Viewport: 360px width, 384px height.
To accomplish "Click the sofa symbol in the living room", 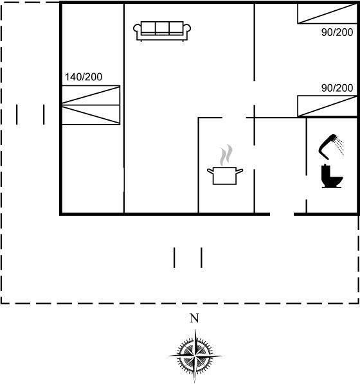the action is tap(162, 31).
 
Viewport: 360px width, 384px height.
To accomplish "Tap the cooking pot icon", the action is tap(225, 175).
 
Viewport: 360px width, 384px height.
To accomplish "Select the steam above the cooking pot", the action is tap(226, 155).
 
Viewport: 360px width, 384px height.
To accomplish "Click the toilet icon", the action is tap(332, 177).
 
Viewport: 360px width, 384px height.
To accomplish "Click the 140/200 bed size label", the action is tap(84, 77).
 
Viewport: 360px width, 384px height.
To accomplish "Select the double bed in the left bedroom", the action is tap(91, 105).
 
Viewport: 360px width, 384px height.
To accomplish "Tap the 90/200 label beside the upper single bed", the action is tap(337, 32).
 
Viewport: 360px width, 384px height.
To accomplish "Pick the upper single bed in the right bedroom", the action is tap(327, 13).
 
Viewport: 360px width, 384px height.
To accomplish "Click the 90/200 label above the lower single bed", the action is tap(337, 88).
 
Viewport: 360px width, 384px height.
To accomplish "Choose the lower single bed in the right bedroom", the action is tap(327, 106).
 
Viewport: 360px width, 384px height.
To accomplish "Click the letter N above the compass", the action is tap(195, 318).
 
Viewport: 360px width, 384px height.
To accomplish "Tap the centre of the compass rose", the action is tap(195, 356).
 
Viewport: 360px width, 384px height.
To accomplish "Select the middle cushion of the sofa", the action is tap(162, 27).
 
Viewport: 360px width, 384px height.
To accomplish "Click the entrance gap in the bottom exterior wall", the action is tap(282, 214).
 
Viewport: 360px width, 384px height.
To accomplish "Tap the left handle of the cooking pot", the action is tap(210, 171).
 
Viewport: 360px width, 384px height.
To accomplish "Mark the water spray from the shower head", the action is tap(339, 146).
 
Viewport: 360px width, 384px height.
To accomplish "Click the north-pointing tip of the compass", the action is tap(195, 329).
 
